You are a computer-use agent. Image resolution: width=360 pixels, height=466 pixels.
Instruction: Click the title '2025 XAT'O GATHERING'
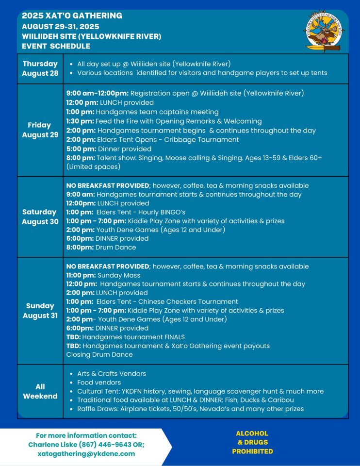72,16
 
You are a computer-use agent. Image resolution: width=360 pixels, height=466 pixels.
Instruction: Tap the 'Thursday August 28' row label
40,68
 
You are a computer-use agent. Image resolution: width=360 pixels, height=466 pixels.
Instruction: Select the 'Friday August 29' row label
40,130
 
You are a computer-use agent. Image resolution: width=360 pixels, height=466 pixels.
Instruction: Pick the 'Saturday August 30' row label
40,216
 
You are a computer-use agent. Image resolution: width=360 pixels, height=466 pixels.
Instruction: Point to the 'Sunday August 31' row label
40,311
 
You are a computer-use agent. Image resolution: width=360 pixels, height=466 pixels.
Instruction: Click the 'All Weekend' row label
40,391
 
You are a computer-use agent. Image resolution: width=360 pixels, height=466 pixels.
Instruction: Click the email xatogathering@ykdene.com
86,454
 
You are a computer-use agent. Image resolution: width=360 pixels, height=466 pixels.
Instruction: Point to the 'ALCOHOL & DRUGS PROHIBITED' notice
252,442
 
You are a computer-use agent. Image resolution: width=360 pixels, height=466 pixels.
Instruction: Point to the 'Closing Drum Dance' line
99,354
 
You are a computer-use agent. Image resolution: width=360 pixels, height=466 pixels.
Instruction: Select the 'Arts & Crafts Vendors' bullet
112,374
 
